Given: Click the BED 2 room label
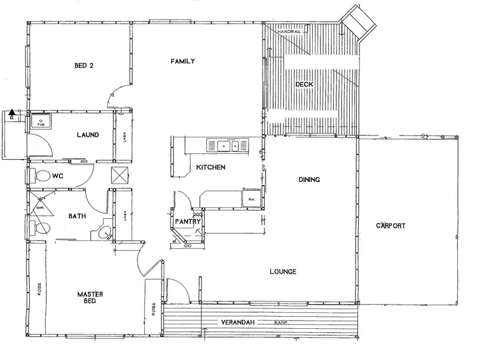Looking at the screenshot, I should coord(84,65).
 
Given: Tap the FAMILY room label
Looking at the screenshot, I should coord(183,61).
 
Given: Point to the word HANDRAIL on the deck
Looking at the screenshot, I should coord(293,31).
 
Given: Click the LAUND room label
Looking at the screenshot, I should coord(86,135).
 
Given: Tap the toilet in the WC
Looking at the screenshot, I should coord(42,175).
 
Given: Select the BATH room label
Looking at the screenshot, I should coord(77,216).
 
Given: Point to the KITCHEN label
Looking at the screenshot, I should coord(210,168).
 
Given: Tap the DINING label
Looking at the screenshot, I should coord(309,180).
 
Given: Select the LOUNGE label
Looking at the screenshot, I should coord(282,272).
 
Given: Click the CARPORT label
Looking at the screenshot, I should coord(391,226).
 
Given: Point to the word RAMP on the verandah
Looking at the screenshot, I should coord(282,323).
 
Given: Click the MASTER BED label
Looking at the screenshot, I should coord(90,298).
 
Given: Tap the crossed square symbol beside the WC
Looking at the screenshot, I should coord(120,176).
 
